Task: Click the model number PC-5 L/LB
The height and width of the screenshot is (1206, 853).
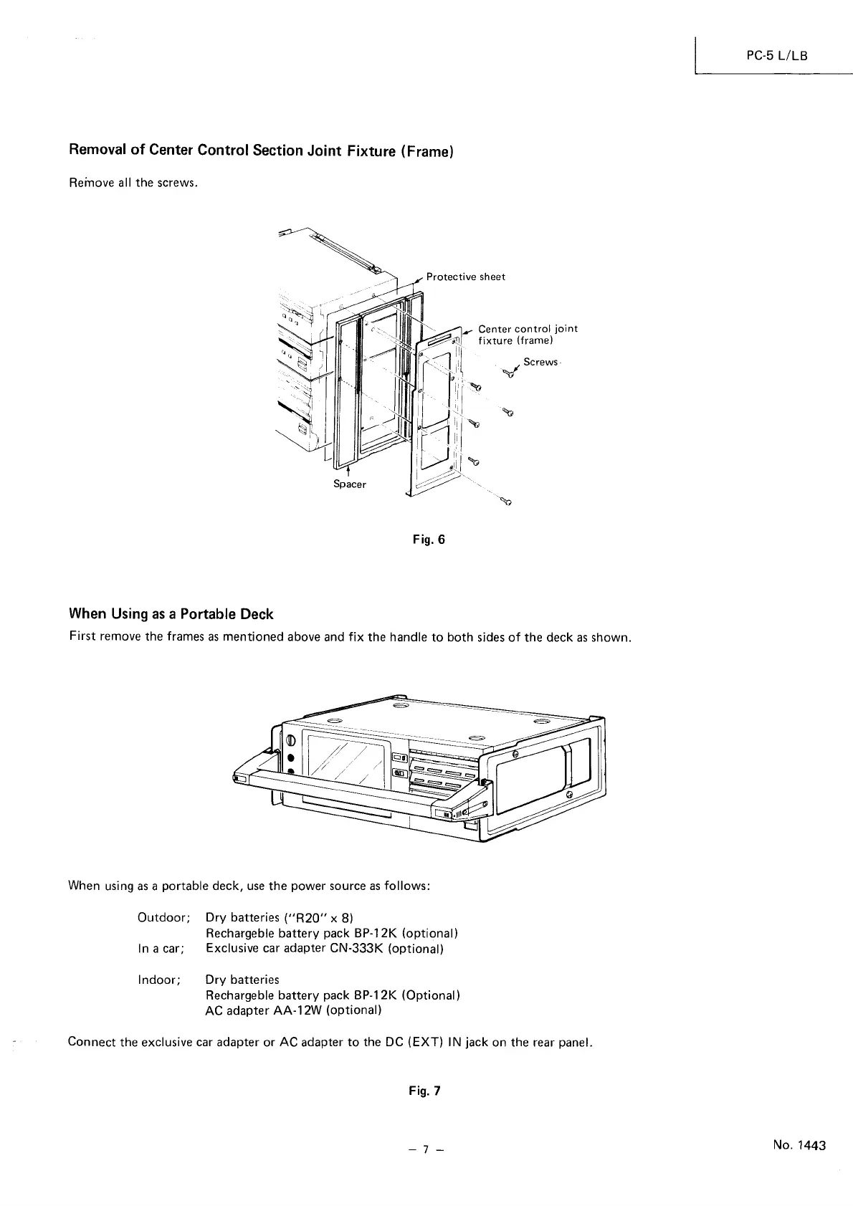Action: pyautogui.click(x=777, y=55)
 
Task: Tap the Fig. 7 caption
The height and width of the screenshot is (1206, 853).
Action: pyautogui.click(x=426, y=1091)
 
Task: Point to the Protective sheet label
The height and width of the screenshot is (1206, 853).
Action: pyautogui.click(x=465, y=277)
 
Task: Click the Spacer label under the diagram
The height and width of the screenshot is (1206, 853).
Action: pyautogui.click(x=350, y=484)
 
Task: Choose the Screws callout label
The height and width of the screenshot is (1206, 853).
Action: pyautogui.click(x=540, y=362)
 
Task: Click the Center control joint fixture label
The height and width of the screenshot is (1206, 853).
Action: pyautogui.click(x=527, y=335)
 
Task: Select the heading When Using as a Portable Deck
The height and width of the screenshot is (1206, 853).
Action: pyautogui.click(x=171, y=614)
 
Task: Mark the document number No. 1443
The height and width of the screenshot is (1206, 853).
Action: pyautogui.click(x=799, y=1145)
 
